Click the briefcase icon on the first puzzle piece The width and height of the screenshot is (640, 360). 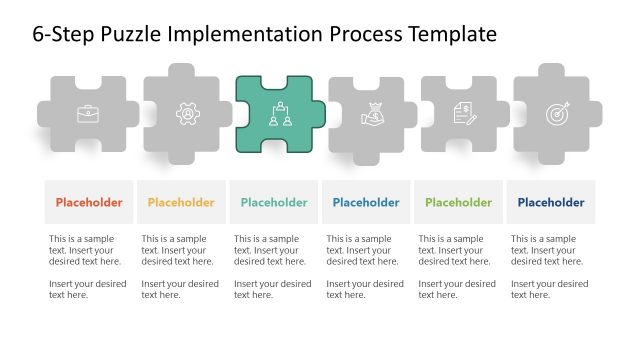coord(88,114)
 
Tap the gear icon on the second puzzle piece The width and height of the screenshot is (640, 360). coord(186,114)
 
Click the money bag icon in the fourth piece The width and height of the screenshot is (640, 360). coord(370,115)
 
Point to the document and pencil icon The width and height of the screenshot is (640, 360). coord(464,114)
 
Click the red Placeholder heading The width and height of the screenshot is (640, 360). coord(89,203)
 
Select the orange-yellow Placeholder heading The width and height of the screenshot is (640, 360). coord(181,203)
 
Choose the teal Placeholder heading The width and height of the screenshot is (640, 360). coord(274,203)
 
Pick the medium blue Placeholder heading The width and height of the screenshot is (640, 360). coord(366,203)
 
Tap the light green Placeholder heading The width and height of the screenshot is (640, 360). coord(458,203)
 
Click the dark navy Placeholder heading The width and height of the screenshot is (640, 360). coord(551,203)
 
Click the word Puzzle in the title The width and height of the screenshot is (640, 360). coord(133,34)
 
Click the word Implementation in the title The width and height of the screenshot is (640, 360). coord(246,34)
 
